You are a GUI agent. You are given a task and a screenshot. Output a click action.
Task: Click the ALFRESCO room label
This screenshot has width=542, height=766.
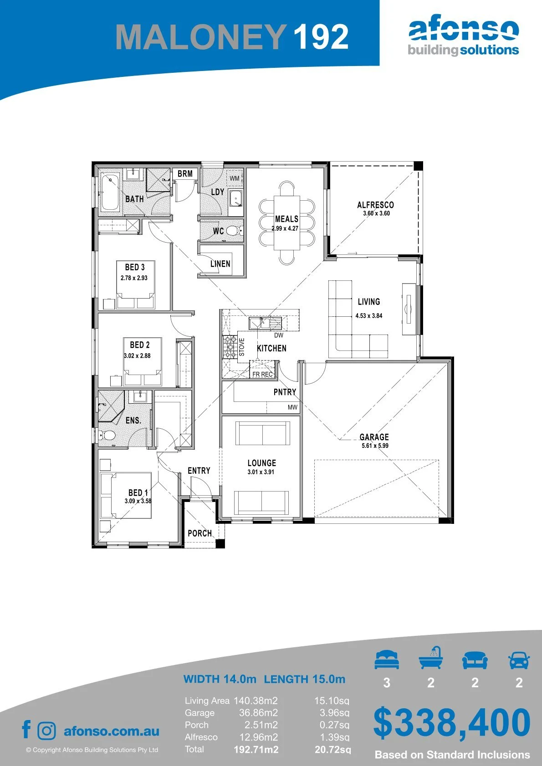tap(375, 205)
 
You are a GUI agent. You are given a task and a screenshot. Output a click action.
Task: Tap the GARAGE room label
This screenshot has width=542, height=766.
tap(374, 436)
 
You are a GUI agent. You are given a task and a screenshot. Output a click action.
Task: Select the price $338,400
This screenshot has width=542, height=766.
tap(452, 723)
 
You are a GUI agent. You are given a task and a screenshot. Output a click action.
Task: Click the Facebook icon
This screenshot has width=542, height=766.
tap(26, 729)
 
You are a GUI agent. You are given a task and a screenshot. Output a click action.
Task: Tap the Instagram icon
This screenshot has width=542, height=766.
tap(46, 731)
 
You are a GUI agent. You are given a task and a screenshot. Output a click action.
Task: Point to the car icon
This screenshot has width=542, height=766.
tap(519, 660)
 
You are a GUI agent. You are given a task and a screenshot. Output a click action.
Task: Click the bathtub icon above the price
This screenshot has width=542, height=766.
tap(431, 658)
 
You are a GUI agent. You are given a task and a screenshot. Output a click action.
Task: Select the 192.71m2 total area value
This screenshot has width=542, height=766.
tap(256, 750)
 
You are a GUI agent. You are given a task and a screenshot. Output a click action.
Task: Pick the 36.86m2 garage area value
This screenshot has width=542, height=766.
tap(258, 713)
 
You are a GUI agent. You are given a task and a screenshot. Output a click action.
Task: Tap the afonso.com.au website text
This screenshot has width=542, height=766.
tap(112, 731)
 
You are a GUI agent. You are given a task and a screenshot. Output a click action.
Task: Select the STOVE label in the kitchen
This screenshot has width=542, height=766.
tap(241, 347)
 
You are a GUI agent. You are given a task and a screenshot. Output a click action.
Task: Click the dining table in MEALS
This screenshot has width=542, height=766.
tap(287, 223)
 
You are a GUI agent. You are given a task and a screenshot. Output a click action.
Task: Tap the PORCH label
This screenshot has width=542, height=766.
tap(200, 533)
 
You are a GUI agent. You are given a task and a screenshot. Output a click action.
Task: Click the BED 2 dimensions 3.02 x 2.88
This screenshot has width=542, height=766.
tap(137, 355)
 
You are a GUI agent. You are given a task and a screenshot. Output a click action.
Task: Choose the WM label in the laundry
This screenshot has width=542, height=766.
tap(235, 178)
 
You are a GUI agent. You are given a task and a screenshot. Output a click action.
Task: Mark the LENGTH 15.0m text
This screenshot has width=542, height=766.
tap(305, 679)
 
